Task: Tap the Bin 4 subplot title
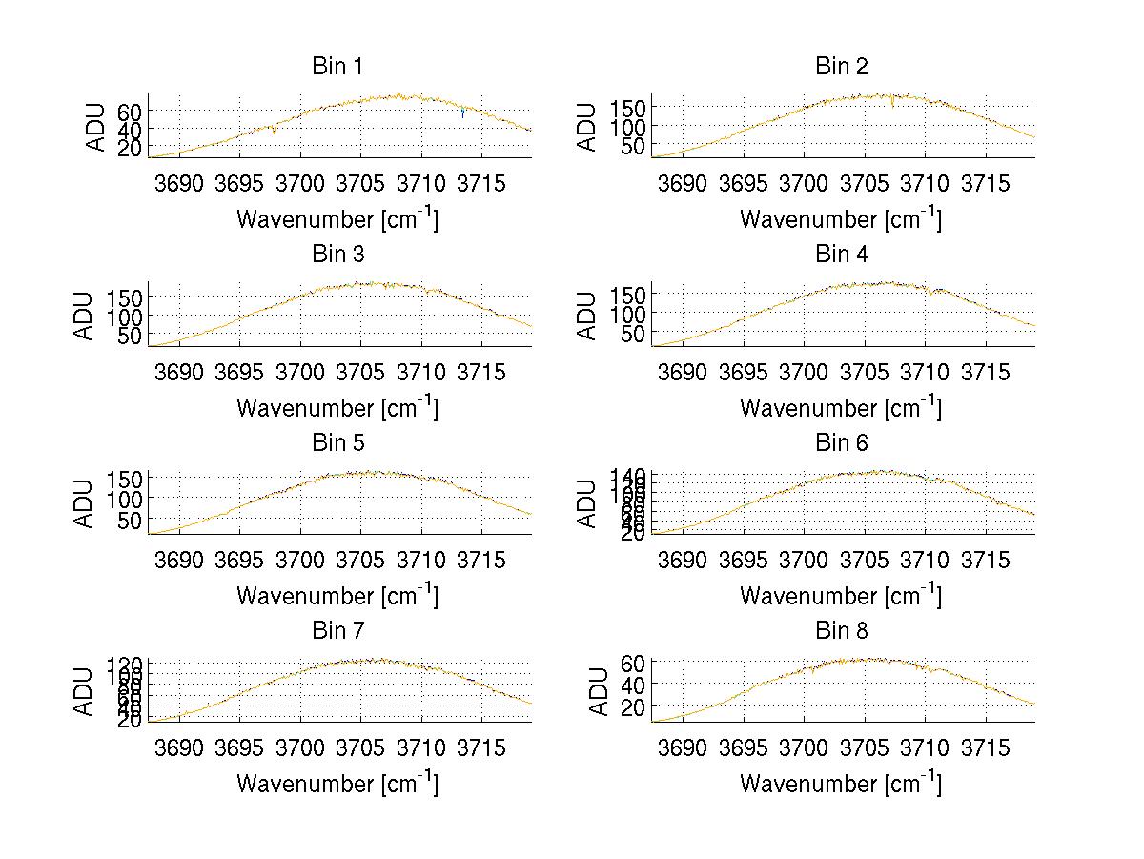tap(841, 255)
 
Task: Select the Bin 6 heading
tap(841, 443)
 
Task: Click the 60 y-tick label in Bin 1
tap(130, 111)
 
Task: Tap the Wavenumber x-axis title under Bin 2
tap(840, 218)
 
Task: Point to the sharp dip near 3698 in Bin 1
tap(275, 132)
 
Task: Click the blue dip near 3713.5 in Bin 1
tap(463, 116)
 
